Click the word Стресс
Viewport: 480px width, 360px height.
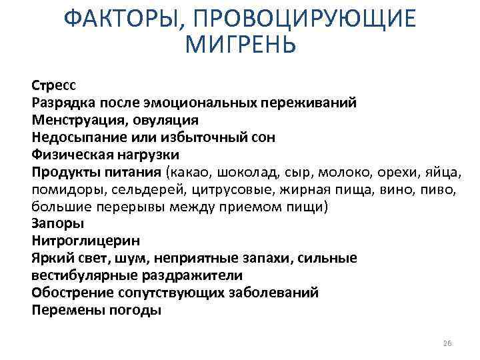coord(54,85)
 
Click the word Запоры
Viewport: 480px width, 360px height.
coord(55,224)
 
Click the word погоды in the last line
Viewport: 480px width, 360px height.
coord(137,310)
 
